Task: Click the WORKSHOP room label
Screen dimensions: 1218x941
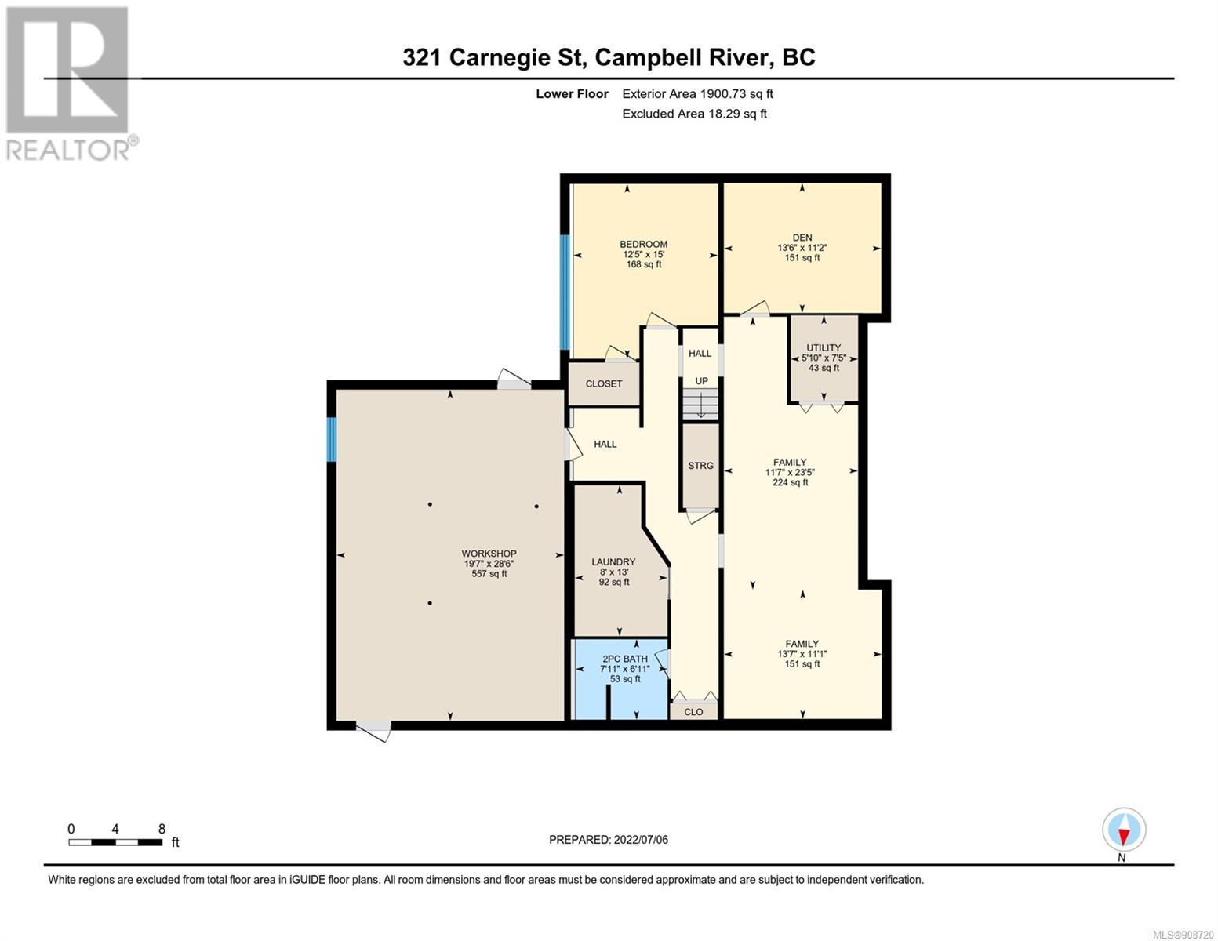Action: pos(489,554)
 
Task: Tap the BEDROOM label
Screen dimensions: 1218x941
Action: pos(643,245)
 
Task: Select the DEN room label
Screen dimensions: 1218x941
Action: pos(802,238)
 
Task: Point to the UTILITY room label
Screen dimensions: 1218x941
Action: pos(824,347)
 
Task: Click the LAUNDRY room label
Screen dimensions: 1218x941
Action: pos(614,561)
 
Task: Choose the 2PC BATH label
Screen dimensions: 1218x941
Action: pos(625,659)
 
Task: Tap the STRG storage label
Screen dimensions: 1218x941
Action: pos(700,465)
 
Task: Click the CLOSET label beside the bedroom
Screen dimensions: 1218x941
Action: pos(604,383)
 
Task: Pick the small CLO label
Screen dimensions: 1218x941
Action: pos(693,712)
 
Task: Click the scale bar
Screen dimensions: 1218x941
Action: pos(115,842)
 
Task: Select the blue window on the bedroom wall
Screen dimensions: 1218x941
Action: pos(565,292)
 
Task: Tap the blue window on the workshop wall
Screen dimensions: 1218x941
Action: pos(332,439)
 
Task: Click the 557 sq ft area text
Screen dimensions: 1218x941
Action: pos(489,574)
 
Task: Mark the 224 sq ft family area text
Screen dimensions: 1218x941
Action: pos(791,482)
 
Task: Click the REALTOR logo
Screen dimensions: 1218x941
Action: pos(68,84)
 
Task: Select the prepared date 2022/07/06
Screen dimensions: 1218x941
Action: pos(641,840)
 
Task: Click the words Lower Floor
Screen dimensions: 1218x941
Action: pos(572,93)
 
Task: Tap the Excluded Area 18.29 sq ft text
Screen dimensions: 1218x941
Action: pos(694,114)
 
